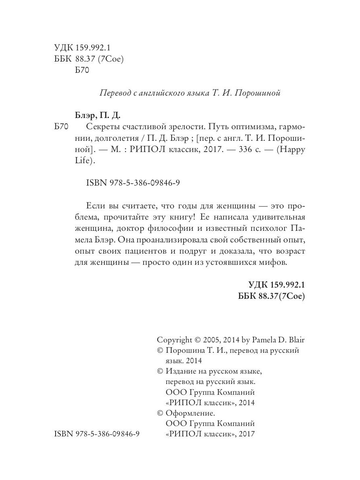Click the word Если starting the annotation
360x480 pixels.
point(96,206)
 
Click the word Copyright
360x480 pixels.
point(174,340)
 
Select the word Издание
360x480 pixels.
point(183,371)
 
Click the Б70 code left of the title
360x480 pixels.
point(62,128)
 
